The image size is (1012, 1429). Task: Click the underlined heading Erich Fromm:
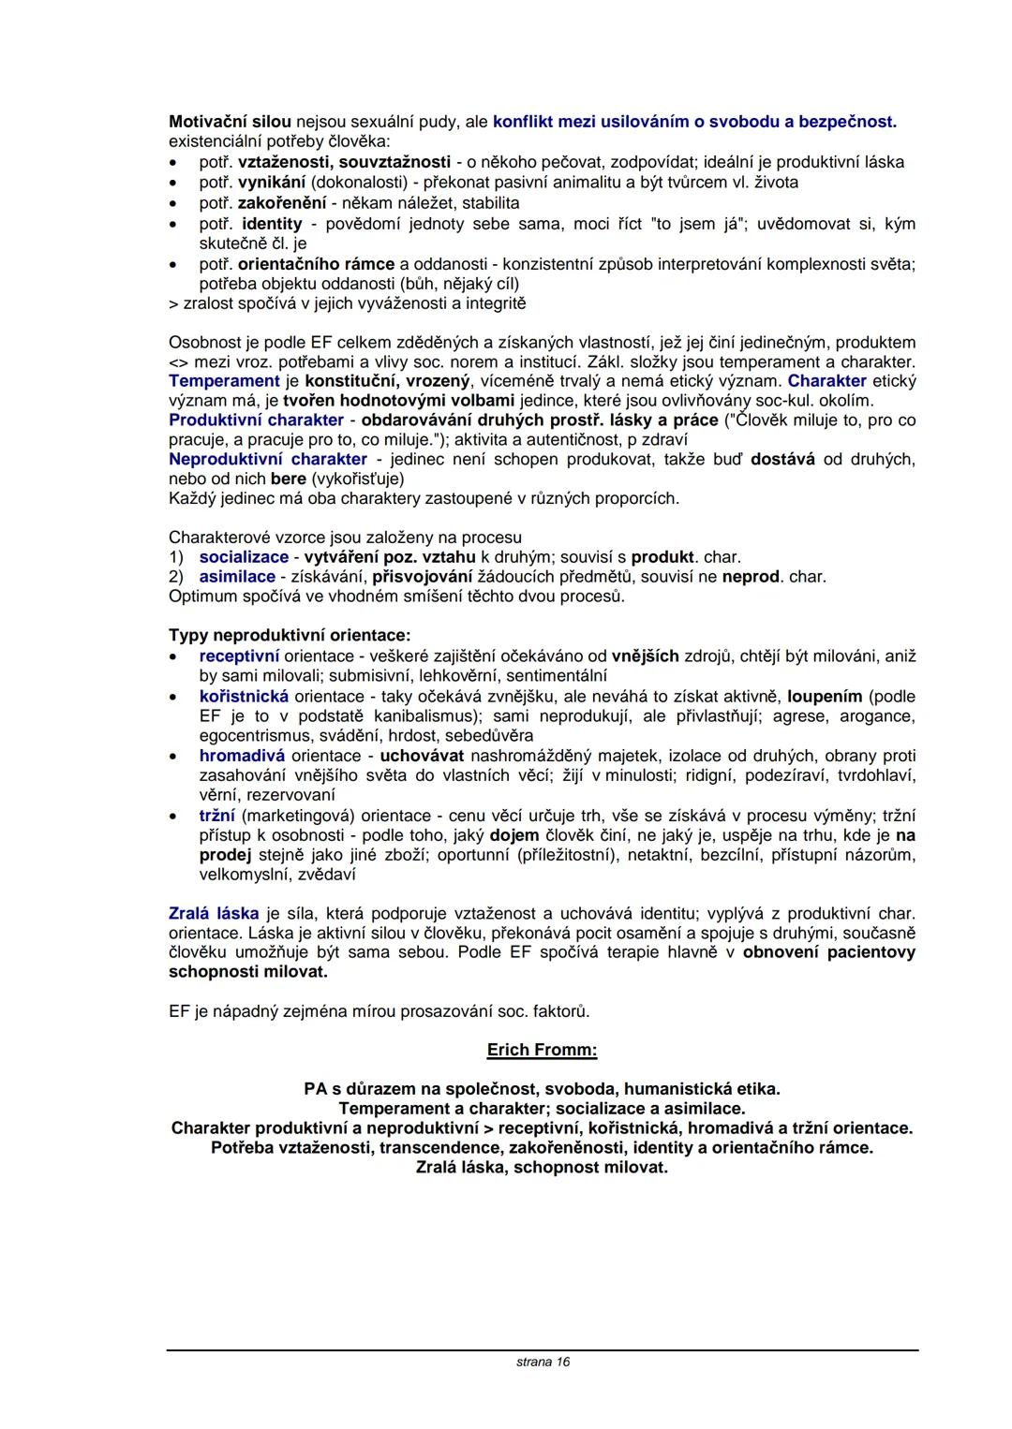coord(542,1050)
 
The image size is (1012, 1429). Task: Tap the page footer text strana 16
coord(543,1362)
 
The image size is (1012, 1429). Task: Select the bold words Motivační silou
coord(230,122)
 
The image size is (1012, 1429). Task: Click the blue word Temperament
coord(224,381)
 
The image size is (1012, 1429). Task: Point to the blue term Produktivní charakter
coord(260,420)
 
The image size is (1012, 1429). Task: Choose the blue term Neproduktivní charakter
coord(268,459)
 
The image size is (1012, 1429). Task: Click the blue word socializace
coord(244,557)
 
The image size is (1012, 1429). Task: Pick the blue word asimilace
coord(237,577)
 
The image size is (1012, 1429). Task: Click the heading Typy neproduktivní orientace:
coord(290,636)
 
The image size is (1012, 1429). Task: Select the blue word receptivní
coord(239,656)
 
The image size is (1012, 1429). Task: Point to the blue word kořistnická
coord(244,697)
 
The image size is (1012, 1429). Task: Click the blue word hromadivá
coord(242,756)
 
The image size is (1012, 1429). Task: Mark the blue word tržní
coord(217,816)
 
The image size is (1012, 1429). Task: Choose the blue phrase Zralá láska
coord(214,913)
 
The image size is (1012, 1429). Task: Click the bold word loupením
coord(825,697)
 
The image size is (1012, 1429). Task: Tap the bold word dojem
coord(513,835)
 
